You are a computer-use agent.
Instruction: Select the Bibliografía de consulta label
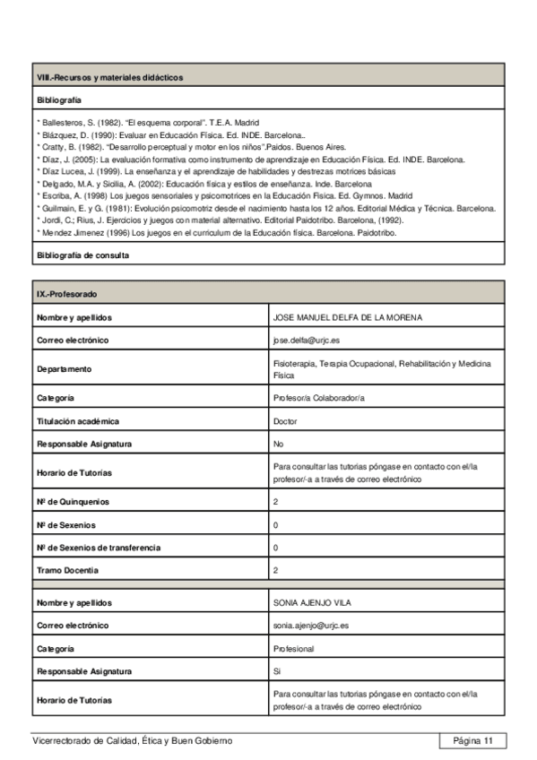(x=82, y=255)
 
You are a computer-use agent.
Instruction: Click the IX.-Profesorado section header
(x=67, y=294)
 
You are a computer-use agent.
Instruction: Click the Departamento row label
(x=65, y=368)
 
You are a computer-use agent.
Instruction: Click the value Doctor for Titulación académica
(x=285, y=420)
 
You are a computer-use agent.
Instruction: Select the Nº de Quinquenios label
(x=73, y=501)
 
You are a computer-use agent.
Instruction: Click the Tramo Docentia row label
(x=67, y=570)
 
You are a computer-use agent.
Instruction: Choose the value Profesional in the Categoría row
(x=293, y=648)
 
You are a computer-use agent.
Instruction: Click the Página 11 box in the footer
(x=472, y=740)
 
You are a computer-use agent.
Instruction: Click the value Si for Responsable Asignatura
(x=277, y=670)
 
